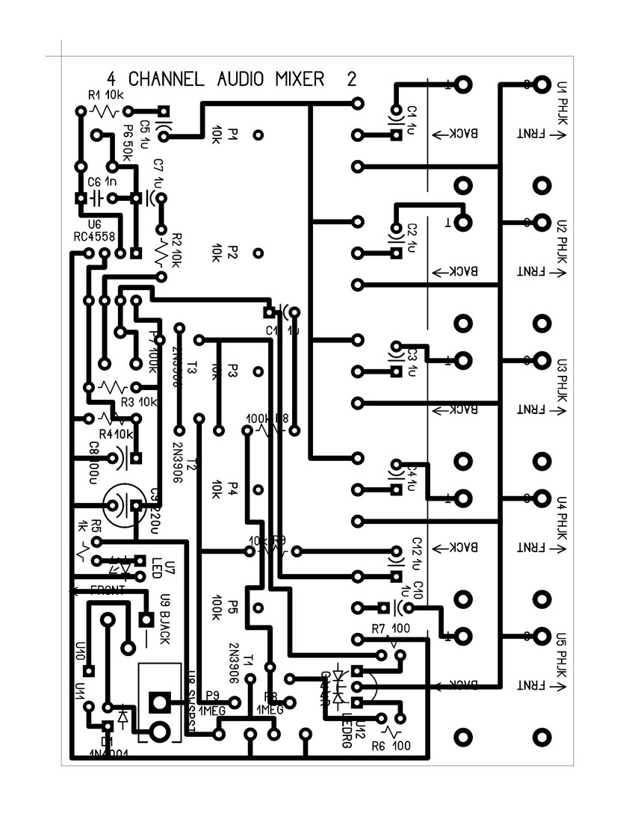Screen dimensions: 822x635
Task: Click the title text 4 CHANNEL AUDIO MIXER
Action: (216, 78)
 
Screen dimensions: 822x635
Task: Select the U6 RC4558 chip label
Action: (95, 231)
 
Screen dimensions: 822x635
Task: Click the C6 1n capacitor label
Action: (102, 182)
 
